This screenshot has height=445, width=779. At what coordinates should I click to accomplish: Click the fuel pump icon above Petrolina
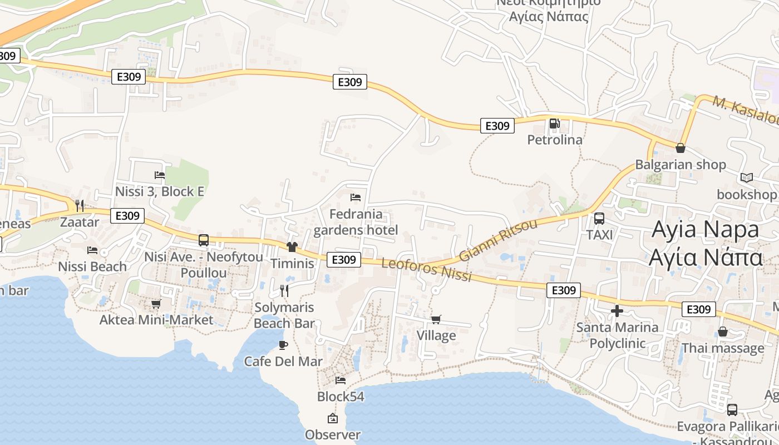(554, 123)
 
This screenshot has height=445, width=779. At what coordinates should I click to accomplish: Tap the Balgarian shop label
(681, 165)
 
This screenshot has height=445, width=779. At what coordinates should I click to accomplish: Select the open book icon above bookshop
(746, 177)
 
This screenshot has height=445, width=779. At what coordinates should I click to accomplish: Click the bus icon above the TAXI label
(599, 219)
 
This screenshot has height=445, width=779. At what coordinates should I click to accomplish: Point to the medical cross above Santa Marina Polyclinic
(617, 311)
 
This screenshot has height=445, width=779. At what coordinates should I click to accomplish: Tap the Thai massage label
(723, 348)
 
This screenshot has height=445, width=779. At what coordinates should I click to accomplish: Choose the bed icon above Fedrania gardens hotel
(356, 197)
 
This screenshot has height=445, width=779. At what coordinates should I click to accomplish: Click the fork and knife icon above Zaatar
(80, 206)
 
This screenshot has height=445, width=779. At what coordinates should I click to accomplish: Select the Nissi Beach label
(92, 266)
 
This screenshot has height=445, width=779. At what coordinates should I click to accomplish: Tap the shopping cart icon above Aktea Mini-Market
(156, 304)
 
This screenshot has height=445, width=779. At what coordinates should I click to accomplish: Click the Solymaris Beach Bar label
(284, 315)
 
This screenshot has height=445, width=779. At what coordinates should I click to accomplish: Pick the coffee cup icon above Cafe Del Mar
(283, 345)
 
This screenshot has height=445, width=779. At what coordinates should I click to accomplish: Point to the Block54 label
(341, 397)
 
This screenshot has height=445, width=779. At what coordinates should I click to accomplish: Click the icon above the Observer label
(333, 418)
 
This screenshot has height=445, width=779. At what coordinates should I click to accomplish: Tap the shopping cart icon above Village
(436, 319)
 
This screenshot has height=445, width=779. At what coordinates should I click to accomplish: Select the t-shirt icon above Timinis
(292, 246)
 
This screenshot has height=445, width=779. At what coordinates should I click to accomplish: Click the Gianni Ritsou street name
(498, 240)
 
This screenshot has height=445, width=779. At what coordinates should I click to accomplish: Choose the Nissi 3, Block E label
(160, 191)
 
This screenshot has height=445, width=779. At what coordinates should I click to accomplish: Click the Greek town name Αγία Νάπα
(706, 258)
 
